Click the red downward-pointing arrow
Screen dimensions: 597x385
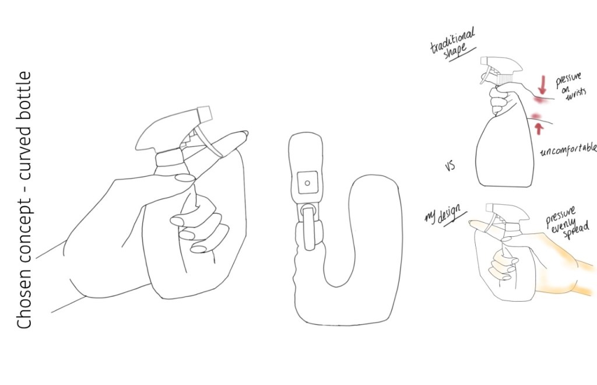pos(543,85)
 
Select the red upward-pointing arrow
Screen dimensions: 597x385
pos(539,128)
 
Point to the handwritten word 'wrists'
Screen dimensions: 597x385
pos(575,94)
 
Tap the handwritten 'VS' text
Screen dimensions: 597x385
pos(450,166)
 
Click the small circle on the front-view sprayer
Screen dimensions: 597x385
pos(307,183)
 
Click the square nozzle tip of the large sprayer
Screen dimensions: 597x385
pos(205,114)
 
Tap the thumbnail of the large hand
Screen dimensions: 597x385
pos(184,178)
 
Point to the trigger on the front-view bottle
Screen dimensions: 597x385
pos(308,227)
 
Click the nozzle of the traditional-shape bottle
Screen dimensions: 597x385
pos(484,61)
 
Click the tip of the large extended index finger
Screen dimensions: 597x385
pos(244,134)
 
